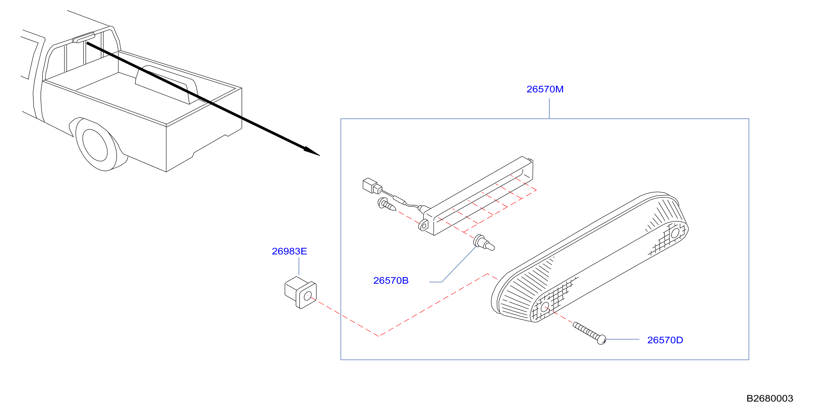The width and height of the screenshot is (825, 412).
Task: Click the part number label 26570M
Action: point(545,89)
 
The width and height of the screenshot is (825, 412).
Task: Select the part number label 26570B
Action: point(391,280)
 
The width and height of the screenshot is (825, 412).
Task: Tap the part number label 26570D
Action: point(665,340)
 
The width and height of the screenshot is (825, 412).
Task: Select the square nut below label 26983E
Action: point(300,292)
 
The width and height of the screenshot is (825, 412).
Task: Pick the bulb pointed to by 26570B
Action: point(484,242)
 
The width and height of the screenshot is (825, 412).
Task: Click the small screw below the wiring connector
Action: point(387,205)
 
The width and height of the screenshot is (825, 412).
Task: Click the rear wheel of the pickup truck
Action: point(96,145)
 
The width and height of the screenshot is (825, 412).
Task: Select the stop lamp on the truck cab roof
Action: point(84,37)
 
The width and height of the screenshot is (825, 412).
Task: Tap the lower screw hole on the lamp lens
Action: point(545,308)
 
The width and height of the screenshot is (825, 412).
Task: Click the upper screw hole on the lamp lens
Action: point(675,233)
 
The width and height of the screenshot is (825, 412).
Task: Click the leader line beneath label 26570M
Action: point(549,109)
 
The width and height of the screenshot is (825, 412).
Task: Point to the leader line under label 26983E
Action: point(299,266)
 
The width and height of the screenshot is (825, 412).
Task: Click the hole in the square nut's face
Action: point(307,296)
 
